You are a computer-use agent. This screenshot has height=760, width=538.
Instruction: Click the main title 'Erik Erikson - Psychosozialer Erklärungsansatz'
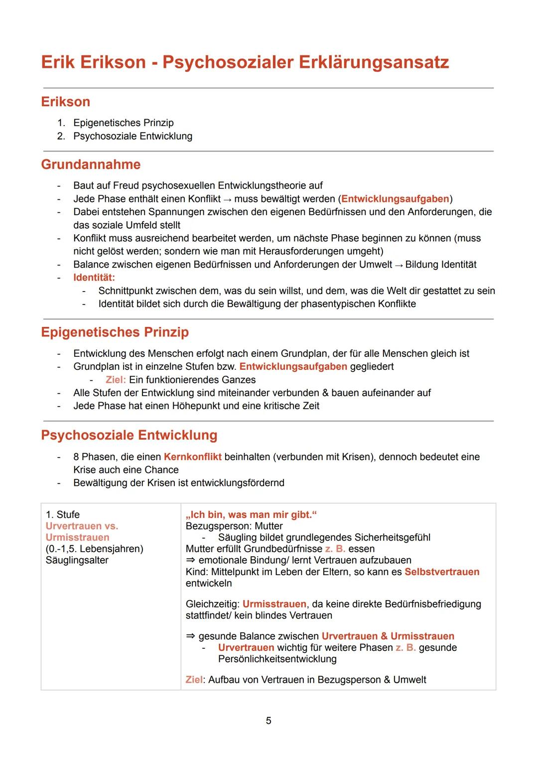coord(245,62)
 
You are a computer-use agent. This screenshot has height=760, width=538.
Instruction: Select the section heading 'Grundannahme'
coord(91,164)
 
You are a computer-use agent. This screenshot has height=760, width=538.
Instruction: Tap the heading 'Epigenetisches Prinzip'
coord(115,332)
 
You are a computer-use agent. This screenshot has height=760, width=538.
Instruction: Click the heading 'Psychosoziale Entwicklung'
coord(129,435)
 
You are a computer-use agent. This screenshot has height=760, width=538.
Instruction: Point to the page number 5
coord(269,721)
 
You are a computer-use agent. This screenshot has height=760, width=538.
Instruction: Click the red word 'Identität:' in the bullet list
coord(94,278)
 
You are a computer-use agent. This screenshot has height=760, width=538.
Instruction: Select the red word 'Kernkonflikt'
coord(192,456)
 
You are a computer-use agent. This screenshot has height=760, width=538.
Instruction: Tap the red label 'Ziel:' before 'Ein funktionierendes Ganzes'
coord(116,380)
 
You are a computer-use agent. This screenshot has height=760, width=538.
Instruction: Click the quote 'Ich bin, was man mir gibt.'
coord(251,514)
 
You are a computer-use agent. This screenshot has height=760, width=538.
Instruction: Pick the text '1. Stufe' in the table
coord(62,514)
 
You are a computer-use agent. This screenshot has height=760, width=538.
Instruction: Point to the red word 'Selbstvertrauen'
coord(442,572)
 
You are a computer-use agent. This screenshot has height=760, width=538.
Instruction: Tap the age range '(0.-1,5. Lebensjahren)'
coord(94,549)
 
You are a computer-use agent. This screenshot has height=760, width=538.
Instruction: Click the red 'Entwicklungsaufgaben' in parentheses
coord(395,199)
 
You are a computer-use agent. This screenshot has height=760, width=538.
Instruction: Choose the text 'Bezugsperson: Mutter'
coord(234,526)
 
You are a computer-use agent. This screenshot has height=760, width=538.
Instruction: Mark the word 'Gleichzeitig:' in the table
coord(212,604)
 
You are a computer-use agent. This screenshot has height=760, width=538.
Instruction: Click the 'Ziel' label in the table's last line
coord(194,680)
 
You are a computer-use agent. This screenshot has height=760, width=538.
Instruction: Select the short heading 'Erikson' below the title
coord(65,102)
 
